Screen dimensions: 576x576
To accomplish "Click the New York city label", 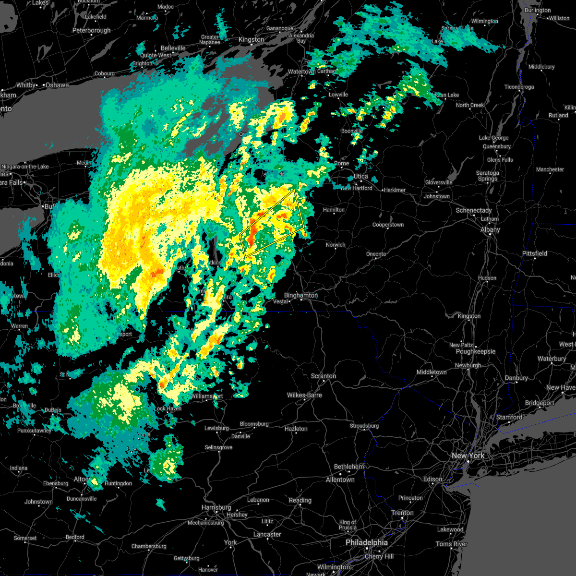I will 468,456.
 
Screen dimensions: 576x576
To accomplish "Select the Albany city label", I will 490,229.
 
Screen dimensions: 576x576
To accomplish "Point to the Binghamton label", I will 301,295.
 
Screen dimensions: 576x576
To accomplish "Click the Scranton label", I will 323,376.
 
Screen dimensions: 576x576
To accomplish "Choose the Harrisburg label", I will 216,507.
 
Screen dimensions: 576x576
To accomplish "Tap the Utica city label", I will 361,177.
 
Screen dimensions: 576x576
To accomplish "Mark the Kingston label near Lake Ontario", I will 251,39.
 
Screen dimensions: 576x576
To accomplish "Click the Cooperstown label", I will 388,225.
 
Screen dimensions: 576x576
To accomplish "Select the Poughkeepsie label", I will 475,351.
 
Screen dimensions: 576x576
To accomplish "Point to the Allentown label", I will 340,480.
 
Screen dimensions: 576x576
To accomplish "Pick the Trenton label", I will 402,513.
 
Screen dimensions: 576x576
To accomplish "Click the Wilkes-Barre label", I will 304,395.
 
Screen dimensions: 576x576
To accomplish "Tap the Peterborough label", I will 91,30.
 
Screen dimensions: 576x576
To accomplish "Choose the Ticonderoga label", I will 519,87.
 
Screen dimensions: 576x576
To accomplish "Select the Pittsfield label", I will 534,253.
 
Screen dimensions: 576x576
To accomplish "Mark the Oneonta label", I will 376,254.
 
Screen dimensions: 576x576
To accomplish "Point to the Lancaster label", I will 267,534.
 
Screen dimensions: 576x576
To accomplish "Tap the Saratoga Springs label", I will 487,176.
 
